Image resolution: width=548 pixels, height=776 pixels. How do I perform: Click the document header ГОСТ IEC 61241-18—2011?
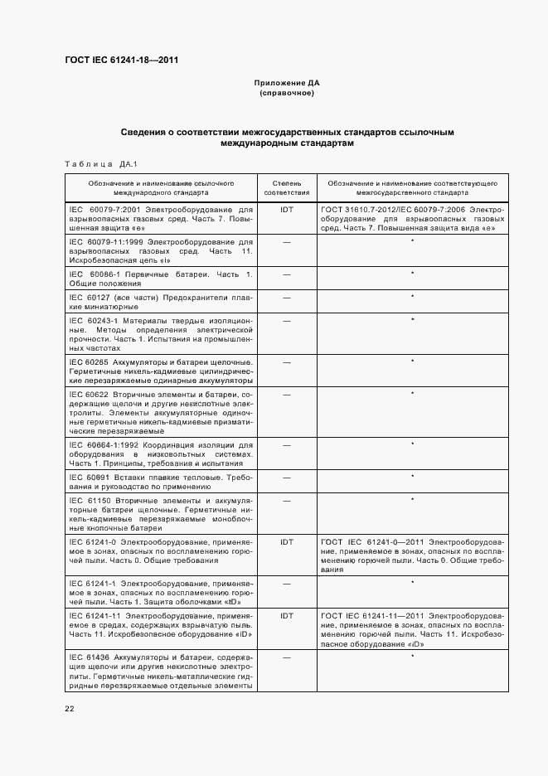point(121,60)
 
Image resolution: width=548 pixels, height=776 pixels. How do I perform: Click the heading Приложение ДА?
point(287,83)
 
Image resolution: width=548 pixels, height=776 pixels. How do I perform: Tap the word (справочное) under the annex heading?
point(287,93)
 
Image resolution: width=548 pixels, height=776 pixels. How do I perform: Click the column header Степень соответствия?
point(287,187)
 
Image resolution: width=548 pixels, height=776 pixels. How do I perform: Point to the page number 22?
point(70,709)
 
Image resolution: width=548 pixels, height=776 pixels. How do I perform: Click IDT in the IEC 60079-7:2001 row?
point(287,210)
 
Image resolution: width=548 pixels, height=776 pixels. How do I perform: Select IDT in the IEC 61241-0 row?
point(287,541)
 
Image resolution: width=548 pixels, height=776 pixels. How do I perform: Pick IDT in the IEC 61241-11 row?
point(287,616)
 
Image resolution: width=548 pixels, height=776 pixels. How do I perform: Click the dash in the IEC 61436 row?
point(287,658)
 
